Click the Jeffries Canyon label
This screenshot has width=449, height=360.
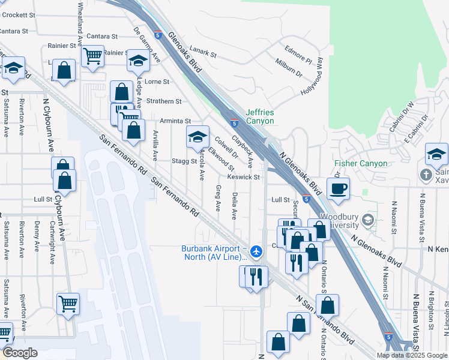point(260,116)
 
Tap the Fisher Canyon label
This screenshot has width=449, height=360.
point(360,164)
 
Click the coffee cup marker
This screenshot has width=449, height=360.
point(338,188)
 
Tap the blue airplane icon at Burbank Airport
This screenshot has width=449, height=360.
point(257,251)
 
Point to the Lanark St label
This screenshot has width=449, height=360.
point(202,53)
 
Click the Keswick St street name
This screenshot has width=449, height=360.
point(243,177)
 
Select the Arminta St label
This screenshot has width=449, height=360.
point(175,121)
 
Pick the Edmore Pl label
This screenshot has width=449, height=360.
point(298,54)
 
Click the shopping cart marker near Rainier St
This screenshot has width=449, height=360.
point(92,56)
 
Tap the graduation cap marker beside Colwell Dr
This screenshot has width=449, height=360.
point(197,137)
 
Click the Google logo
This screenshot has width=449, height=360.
point(20,353)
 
